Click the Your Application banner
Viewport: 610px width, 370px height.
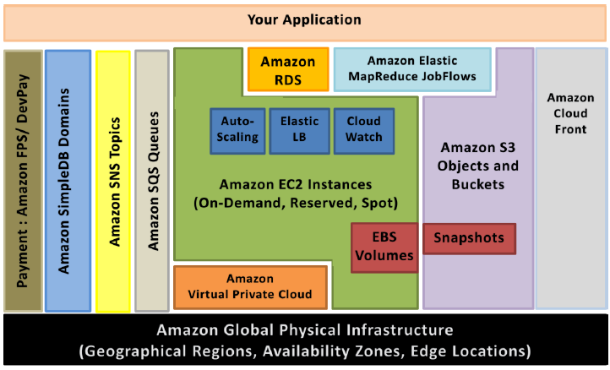coord(305,23)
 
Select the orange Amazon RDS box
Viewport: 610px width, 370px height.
coord(288,69)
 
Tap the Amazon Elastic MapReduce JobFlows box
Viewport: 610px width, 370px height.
coord(412,69)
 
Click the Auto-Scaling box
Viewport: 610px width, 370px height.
coord(237,131)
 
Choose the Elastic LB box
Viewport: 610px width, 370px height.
coord(300,131)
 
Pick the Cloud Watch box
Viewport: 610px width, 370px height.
coord(364,131)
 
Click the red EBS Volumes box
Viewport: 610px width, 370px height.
coord(384,248)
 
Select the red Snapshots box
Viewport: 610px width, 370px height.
coord(469,238)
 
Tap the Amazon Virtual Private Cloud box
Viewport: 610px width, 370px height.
coord(250,287)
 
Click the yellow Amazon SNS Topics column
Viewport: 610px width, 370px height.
coord(113,182)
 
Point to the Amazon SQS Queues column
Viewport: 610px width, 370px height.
coord(152,181)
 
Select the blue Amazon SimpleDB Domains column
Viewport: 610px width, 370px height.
coord(68,181)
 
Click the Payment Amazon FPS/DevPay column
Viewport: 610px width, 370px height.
coord(23,181)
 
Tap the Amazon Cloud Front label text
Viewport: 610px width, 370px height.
coord(570,113)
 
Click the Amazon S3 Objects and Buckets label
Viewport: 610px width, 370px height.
coord(478,166)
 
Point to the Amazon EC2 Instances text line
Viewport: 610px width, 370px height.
coord(296,184)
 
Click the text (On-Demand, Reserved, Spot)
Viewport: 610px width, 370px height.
coord(296,203)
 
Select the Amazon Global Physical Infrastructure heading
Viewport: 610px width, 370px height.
coord(305,330)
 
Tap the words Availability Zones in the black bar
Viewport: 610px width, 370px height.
coord(331,351)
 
